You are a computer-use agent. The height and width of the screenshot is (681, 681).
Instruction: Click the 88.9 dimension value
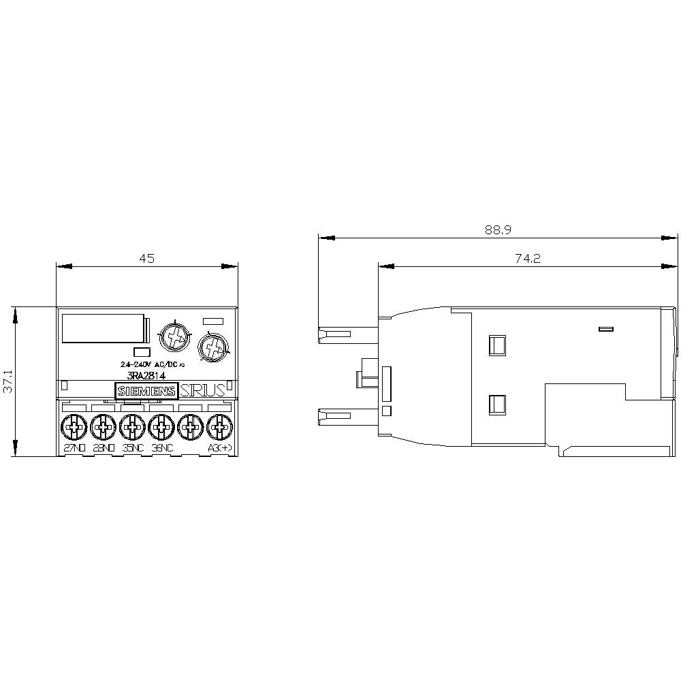(498, 230)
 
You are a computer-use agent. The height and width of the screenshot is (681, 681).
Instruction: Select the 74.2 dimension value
(527, 258)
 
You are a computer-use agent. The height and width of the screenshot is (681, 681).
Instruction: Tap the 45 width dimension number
(147, 258)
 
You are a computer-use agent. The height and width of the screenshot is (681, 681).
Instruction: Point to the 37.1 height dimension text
(7, 382)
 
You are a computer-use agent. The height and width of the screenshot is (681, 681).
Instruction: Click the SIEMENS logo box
(146, 391)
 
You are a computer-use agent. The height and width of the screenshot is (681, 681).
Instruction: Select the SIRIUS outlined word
(202, 390)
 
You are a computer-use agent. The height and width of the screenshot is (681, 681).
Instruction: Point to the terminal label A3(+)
(219, 449)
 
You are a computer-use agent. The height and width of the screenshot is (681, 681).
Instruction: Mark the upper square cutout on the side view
(497, 345)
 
